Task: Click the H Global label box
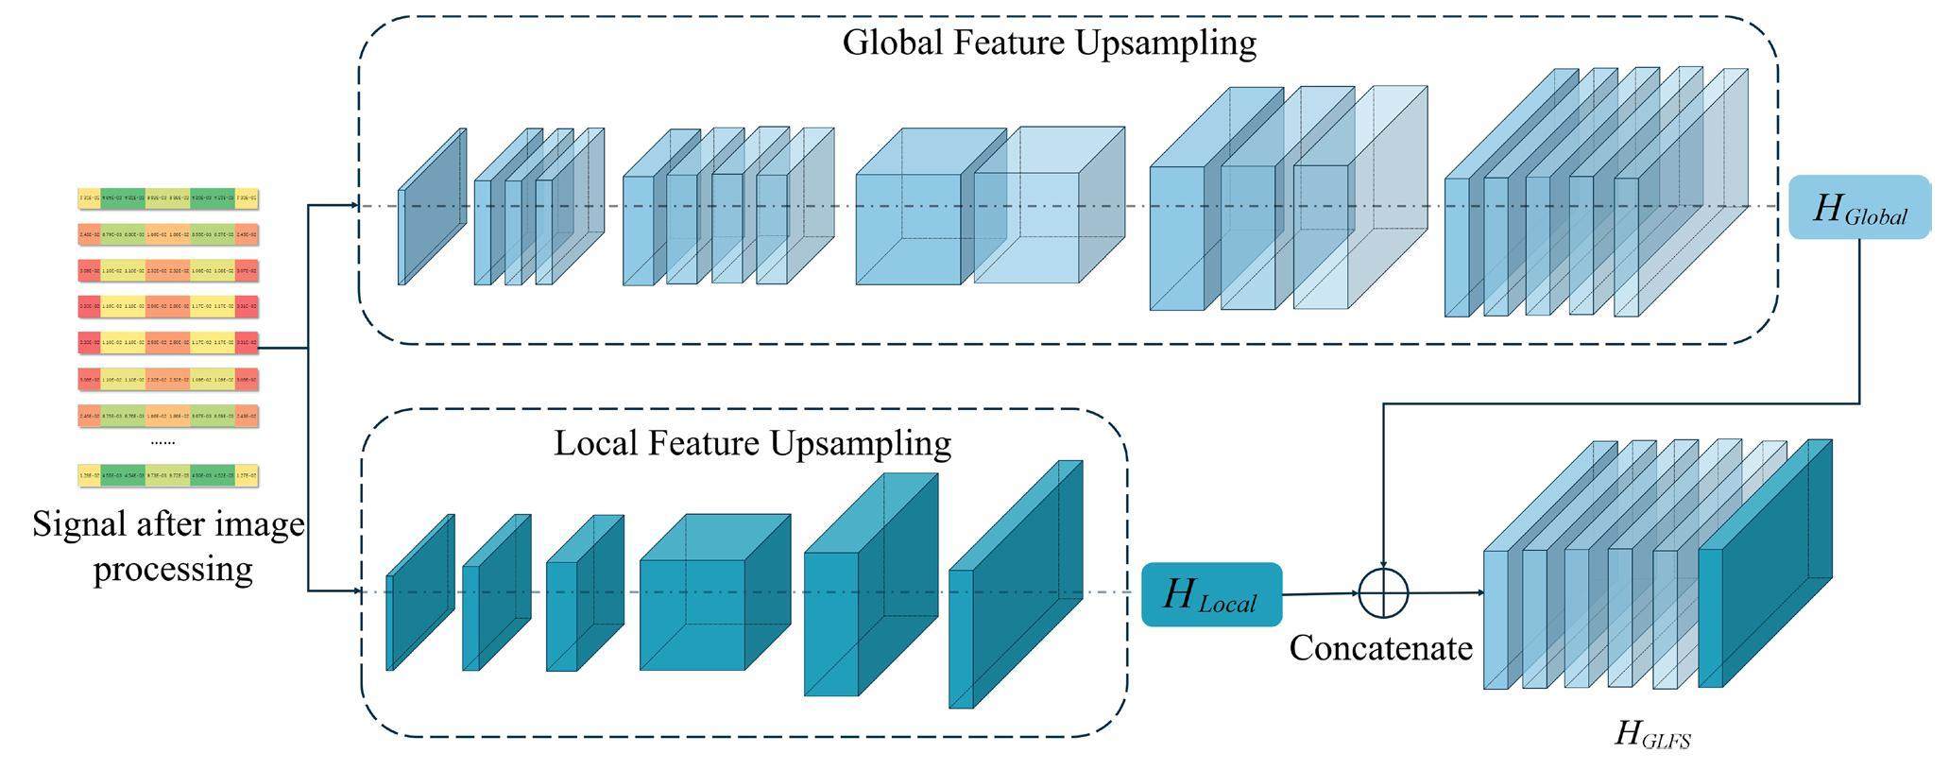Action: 1858,207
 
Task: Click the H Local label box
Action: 1211,594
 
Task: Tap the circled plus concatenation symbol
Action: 1383,593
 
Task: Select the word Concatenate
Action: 1380,648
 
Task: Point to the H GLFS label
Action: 1651,734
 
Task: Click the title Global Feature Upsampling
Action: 1049,43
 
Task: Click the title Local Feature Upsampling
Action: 752,442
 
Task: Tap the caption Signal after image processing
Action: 170,547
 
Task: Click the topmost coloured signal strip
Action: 168,198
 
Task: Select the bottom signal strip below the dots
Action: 168,474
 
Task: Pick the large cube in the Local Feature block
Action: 714,592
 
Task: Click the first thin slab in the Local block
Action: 420,592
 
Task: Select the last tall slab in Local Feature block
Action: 1016,586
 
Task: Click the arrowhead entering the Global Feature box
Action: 353,205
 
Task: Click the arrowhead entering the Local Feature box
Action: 356,591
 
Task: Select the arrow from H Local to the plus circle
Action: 1320,594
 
